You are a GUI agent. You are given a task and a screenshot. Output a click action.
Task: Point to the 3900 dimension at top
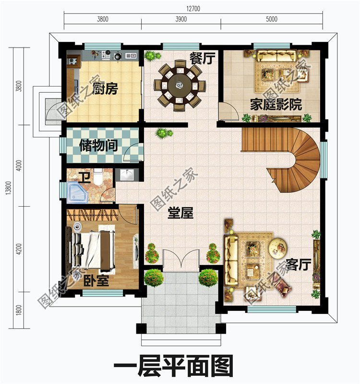coord(181,20)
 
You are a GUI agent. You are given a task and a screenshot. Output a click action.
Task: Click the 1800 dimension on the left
coord(19,310)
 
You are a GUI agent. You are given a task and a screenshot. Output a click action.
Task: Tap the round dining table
coord(179,86)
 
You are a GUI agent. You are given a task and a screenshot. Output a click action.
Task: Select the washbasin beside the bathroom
coord(127,175)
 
